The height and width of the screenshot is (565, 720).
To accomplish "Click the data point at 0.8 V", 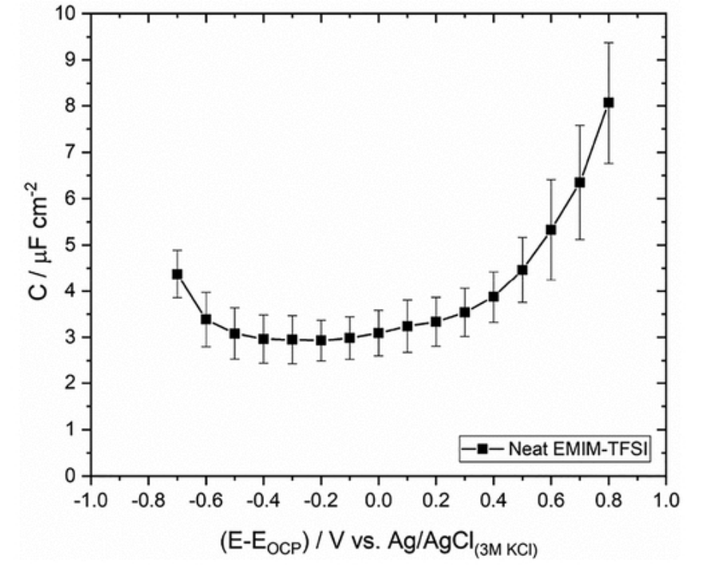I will point(608,102).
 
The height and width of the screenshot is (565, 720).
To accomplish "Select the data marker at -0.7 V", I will point(177,273).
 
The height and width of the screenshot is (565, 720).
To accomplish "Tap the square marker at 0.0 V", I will point(378,332).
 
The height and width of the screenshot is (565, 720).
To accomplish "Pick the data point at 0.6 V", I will point(551,229).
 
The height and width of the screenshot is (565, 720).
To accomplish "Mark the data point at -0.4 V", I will point(263,338).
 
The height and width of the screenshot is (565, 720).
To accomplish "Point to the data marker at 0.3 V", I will point(465,311).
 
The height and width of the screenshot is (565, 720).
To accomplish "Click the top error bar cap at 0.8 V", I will point(608,42).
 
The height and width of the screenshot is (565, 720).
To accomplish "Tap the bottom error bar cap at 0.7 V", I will point(580,239).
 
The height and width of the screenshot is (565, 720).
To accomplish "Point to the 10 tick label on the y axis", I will point(69,14).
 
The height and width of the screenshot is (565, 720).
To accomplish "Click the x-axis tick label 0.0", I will point(378,499).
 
